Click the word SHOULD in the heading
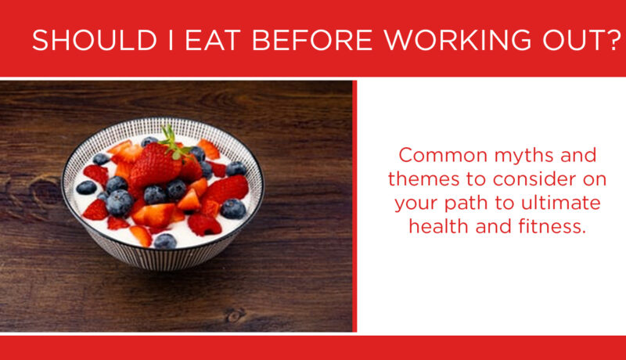pos(95,40)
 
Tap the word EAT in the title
pos(212,40)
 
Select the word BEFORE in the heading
pos(312,40)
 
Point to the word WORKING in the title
pos(458,40)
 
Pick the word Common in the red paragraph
pos(443,155)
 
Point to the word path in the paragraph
pos(467,204)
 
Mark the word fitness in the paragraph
pos(553,226)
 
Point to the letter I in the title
pos(171,40)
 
